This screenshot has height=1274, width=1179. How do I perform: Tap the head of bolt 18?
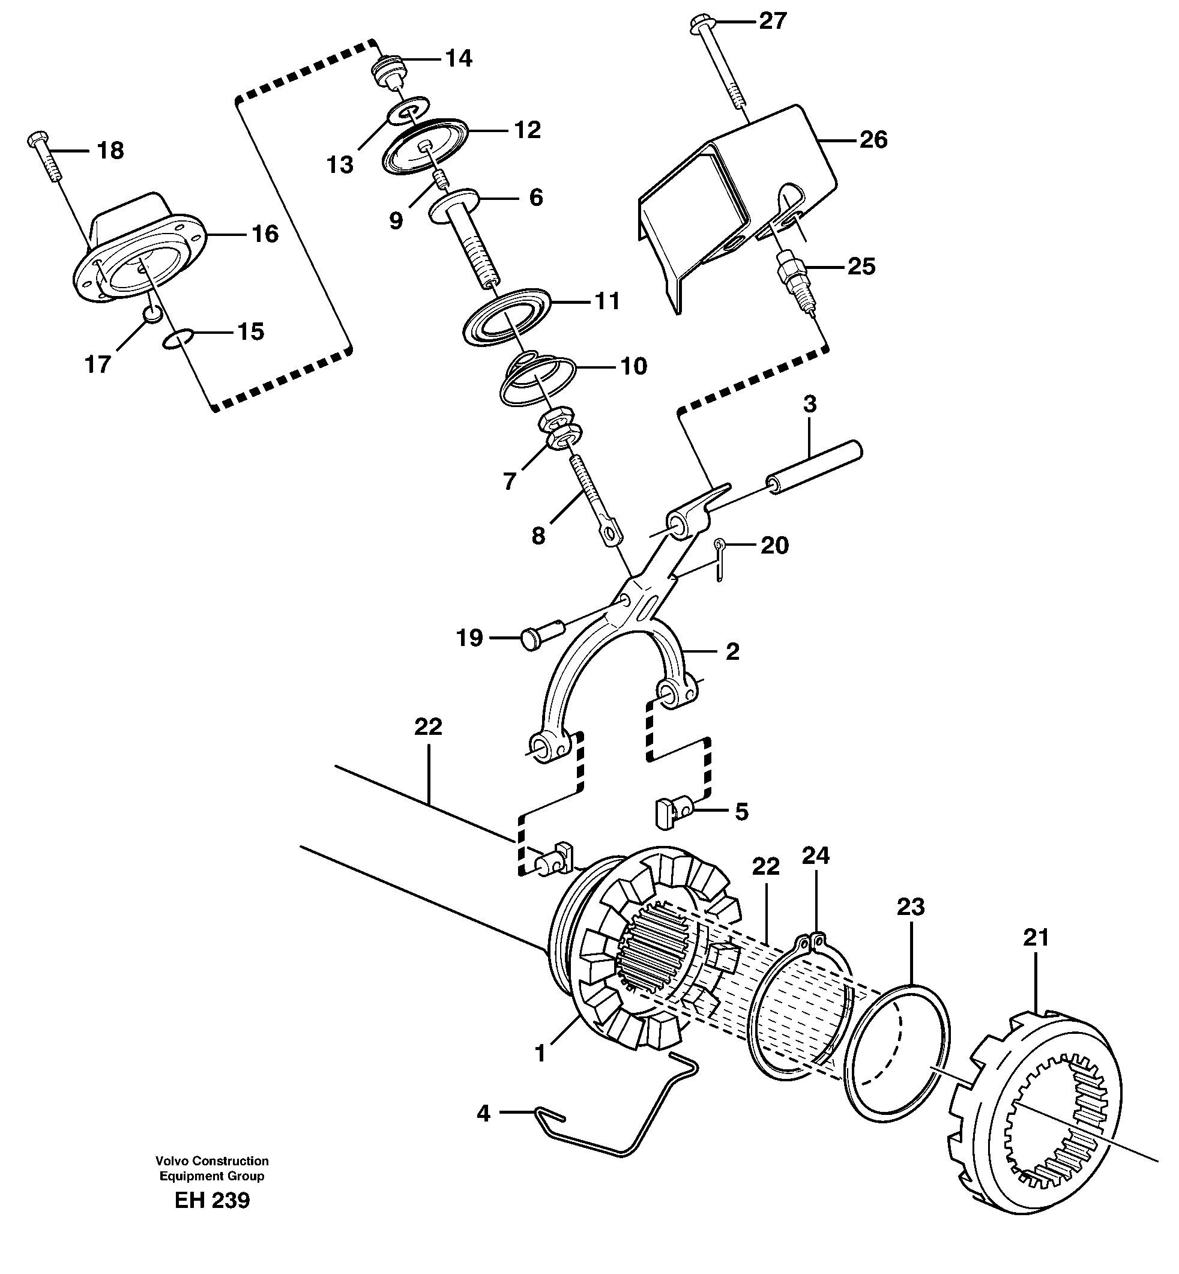[36, 139]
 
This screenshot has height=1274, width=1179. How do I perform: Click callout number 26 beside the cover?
[873, 140]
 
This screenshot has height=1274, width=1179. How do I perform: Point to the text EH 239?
[212, 1200]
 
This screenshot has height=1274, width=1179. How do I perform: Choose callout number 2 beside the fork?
[732, 652]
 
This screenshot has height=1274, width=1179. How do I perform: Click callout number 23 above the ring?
[911, 907]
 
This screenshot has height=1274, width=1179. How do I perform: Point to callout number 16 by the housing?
[265, 234]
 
